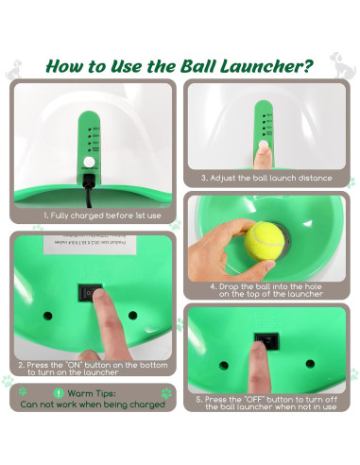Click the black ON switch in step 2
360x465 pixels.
93,293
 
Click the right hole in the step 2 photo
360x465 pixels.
133,315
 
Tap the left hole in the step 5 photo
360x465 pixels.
224,365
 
